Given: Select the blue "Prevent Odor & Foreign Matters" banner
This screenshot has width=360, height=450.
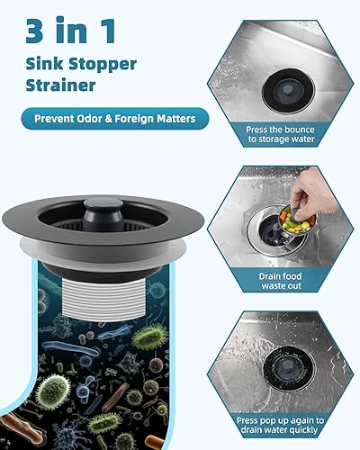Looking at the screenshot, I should click(115, 118).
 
